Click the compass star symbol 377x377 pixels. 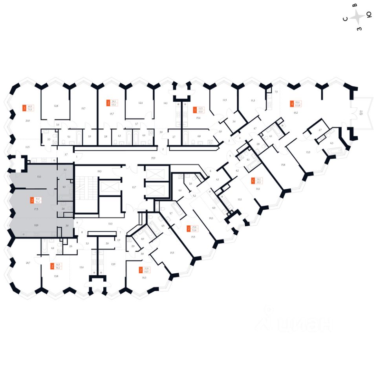point(357,17)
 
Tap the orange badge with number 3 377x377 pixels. point(24,108)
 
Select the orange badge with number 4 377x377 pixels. point(291,104)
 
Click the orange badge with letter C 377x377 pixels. point(252,181)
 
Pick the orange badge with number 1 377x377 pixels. point(195,109)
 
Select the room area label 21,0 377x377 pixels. point(27,121)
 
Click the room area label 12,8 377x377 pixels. point(56,106)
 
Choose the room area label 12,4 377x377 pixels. point(140,103)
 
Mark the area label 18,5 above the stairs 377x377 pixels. point(99,171)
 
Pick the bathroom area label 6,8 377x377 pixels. point(199,136)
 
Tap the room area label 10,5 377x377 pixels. point(211,218)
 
